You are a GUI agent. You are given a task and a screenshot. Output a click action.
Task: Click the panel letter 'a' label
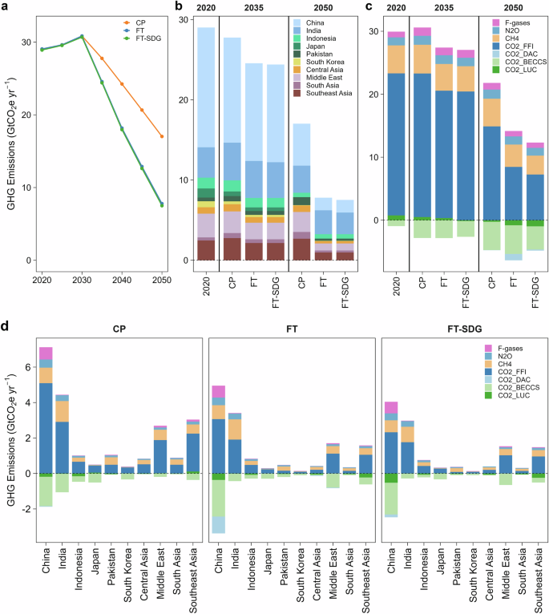(6, 7)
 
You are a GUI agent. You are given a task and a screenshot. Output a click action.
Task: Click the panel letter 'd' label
(6, 327)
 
